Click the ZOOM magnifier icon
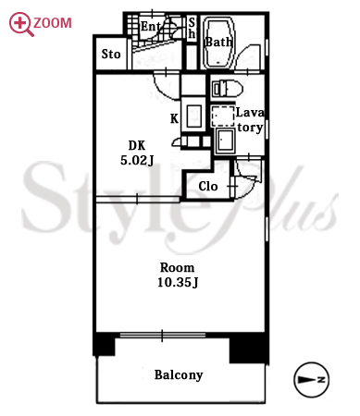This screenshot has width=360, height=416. [x=21, y=24]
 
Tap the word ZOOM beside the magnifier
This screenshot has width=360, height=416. [x=53, y=23]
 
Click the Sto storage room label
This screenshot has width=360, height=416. [x=111, y=55]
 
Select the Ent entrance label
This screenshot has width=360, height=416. [x=151, y=26]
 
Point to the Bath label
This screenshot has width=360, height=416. [x=218, y=43]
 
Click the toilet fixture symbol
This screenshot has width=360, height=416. [x=228, y=89]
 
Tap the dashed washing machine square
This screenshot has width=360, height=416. [x=223, y=116]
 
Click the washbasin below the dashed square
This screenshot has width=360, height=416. [x=225, y=141]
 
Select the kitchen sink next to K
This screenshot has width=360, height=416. [x=194, y=116]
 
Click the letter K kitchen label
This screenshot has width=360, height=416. [x=174, y=118]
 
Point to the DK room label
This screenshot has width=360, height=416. [x=137, y=145]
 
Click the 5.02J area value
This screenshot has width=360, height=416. [x=137, y=160]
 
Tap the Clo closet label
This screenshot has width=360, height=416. [x=208, y=186]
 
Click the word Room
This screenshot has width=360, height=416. [x=177, y=267]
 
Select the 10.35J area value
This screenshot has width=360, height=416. [x=178, y=282]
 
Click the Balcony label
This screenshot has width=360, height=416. [x=179, y=375]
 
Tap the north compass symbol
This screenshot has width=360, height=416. [x=312, y=380]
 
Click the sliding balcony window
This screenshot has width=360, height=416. [x=163, y=335]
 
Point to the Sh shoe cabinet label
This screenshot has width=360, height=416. [x=192, y=28]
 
